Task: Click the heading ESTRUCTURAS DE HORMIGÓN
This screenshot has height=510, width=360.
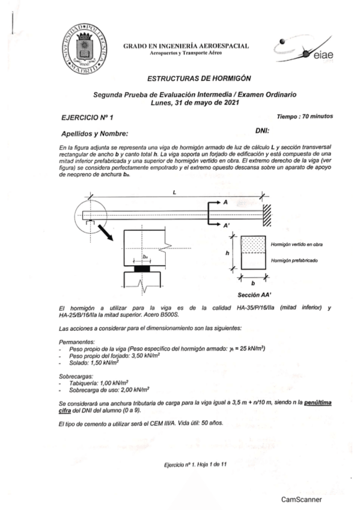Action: pos(199,78)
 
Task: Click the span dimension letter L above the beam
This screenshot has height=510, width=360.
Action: pos(174,192)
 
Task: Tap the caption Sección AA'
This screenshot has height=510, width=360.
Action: pos(255,295)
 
